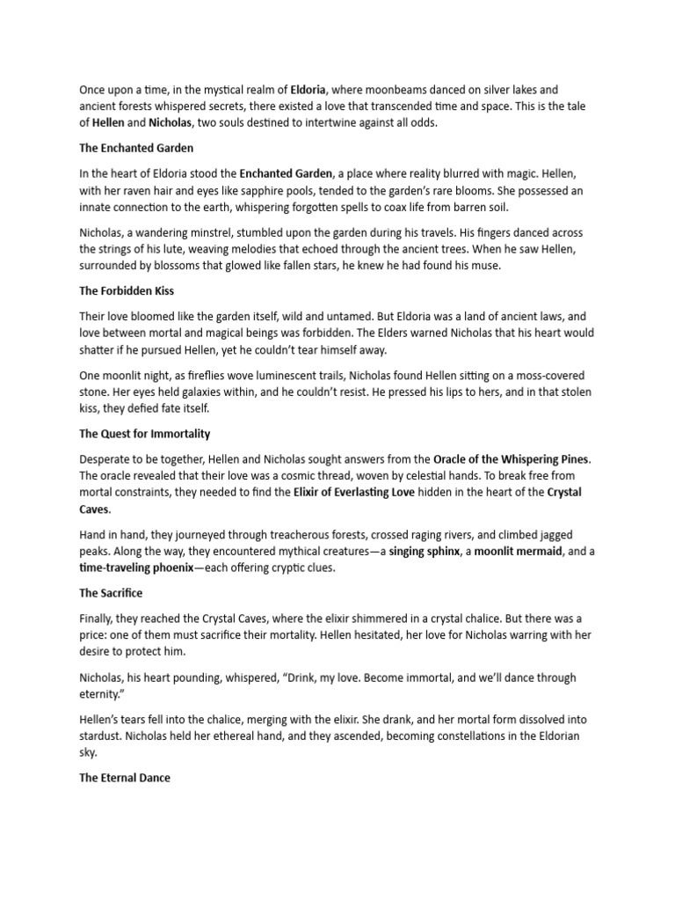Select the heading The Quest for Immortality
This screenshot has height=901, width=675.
pyautogui.click(x=145, y=434)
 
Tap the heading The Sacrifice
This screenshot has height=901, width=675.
pyautogui.click(x=111, y=594)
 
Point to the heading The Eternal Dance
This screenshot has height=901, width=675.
pyautogui.click(x=124, y=778)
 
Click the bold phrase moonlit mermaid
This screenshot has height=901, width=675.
pyautogui.click(x=513, y=552)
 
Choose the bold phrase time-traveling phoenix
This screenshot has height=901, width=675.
pyautogui.click(x=134, y=568)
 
